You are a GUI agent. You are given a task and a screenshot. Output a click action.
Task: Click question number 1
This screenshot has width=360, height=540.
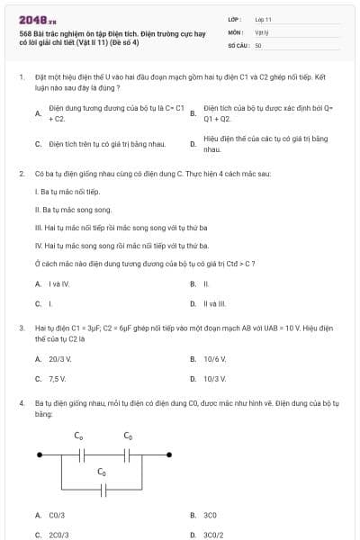click(x=21, y=77)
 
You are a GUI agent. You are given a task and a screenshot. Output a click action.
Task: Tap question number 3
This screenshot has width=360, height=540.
click(x=21, y=328)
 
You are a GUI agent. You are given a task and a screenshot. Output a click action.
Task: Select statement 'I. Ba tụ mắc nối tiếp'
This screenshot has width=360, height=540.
click(x=67, y=192)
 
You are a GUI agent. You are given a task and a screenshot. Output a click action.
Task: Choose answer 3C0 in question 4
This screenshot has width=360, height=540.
click(x=211, y=515)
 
